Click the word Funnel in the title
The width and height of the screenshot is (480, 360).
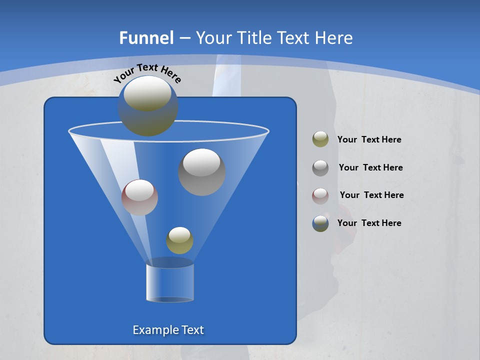[x=146, y=38]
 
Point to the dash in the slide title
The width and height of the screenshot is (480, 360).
[x=184, y=38]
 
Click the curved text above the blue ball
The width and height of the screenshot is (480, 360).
[x=147, y=73]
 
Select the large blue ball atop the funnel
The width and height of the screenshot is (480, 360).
[x=147, y=106]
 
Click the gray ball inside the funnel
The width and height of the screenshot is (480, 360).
[x=202, y=171]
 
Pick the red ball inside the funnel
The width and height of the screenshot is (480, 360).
[x=139, y=197]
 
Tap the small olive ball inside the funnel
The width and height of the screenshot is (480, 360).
[x=179, y=240]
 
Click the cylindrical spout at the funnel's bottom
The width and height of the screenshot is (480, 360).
[x=170, y=282]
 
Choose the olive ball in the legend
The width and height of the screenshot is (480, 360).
[x=320, y=139]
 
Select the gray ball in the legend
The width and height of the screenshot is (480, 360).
[x=320, y=168]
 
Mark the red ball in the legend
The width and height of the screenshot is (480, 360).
[x=320, y=195]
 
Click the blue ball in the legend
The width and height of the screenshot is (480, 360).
[x=320, y=223]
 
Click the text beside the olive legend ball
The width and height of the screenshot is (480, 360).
[x=369, y=140]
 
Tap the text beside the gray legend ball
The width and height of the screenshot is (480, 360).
[x=370, y=168]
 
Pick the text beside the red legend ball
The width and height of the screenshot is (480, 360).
[x=371, y=195]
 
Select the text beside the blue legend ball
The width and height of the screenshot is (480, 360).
[x=369, y=223]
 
